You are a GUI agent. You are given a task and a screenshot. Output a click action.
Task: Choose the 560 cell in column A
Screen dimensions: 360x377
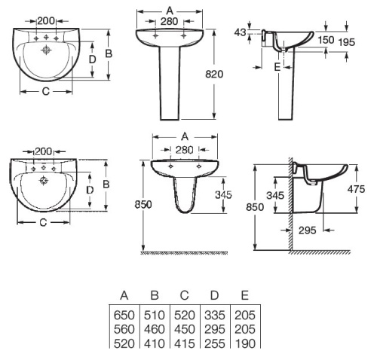pos(124,330)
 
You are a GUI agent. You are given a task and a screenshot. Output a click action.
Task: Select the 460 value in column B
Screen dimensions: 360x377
pos(155,330)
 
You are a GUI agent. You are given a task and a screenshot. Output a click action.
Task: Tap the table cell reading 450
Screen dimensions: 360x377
pos(185,330)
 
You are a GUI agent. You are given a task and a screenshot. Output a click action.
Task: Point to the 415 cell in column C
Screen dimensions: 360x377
pos(185,343)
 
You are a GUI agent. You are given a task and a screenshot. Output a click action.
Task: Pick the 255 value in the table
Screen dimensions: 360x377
pos(215,343)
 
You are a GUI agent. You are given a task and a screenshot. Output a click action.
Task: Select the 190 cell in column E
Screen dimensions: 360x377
pos(245,343)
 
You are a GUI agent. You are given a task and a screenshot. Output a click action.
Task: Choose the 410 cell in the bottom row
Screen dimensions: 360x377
pos(155,343)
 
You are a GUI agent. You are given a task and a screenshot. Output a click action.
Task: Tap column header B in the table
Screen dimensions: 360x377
pos(155,297)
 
